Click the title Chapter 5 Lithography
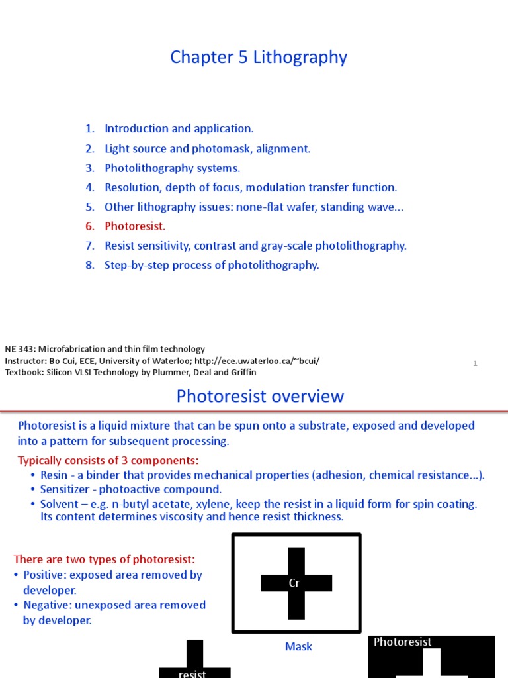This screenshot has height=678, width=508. click(x=258, y=58)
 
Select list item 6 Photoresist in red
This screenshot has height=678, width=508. click(x=135, y=226)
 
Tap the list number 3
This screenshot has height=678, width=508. click(x=90, y=168)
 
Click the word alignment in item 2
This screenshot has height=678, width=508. click(x=285, y=149)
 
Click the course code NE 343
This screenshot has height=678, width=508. click(x=21, y=349)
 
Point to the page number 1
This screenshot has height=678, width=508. click(x=475, y=363)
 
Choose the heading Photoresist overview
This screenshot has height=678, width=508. click(x=260, y=397)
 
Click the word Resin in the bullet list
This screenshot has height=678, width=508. click(x=54, y=475)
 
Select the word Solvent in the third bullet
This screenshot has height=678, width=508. click(x=60, y=504)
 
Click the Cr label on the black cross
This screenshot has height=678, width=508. click(x=295, y=583)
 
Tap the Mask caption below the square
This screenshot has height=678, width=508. click(x=298, y=646)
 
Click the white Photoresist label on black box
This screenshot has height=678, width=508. click(x=403, y=642)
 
